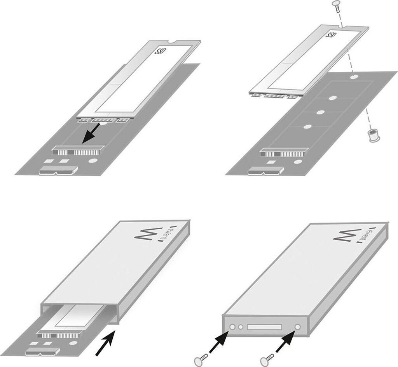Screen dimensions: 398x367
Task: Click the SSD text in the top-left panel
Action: [160, 51]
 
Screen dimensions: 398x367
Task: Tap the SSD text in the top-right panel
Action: [331, 35]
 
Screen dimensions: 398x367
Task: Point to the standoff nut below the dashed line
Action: [372, 136]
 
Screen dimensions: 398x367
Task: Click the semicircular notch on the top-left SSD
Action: [172, 42]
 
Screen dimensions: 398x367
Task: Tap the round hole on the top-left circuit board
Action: [93, 161]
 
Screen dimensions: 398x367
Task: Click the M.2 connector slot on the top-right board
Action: [284, 152]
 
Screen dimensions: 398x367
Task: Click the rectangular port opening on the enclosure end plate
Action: [264, 327]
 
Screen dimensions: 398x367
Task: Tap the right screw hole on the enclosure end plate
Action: [298, 327]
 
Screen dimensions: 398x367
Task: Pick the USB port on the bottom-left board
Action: [42, 352]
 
